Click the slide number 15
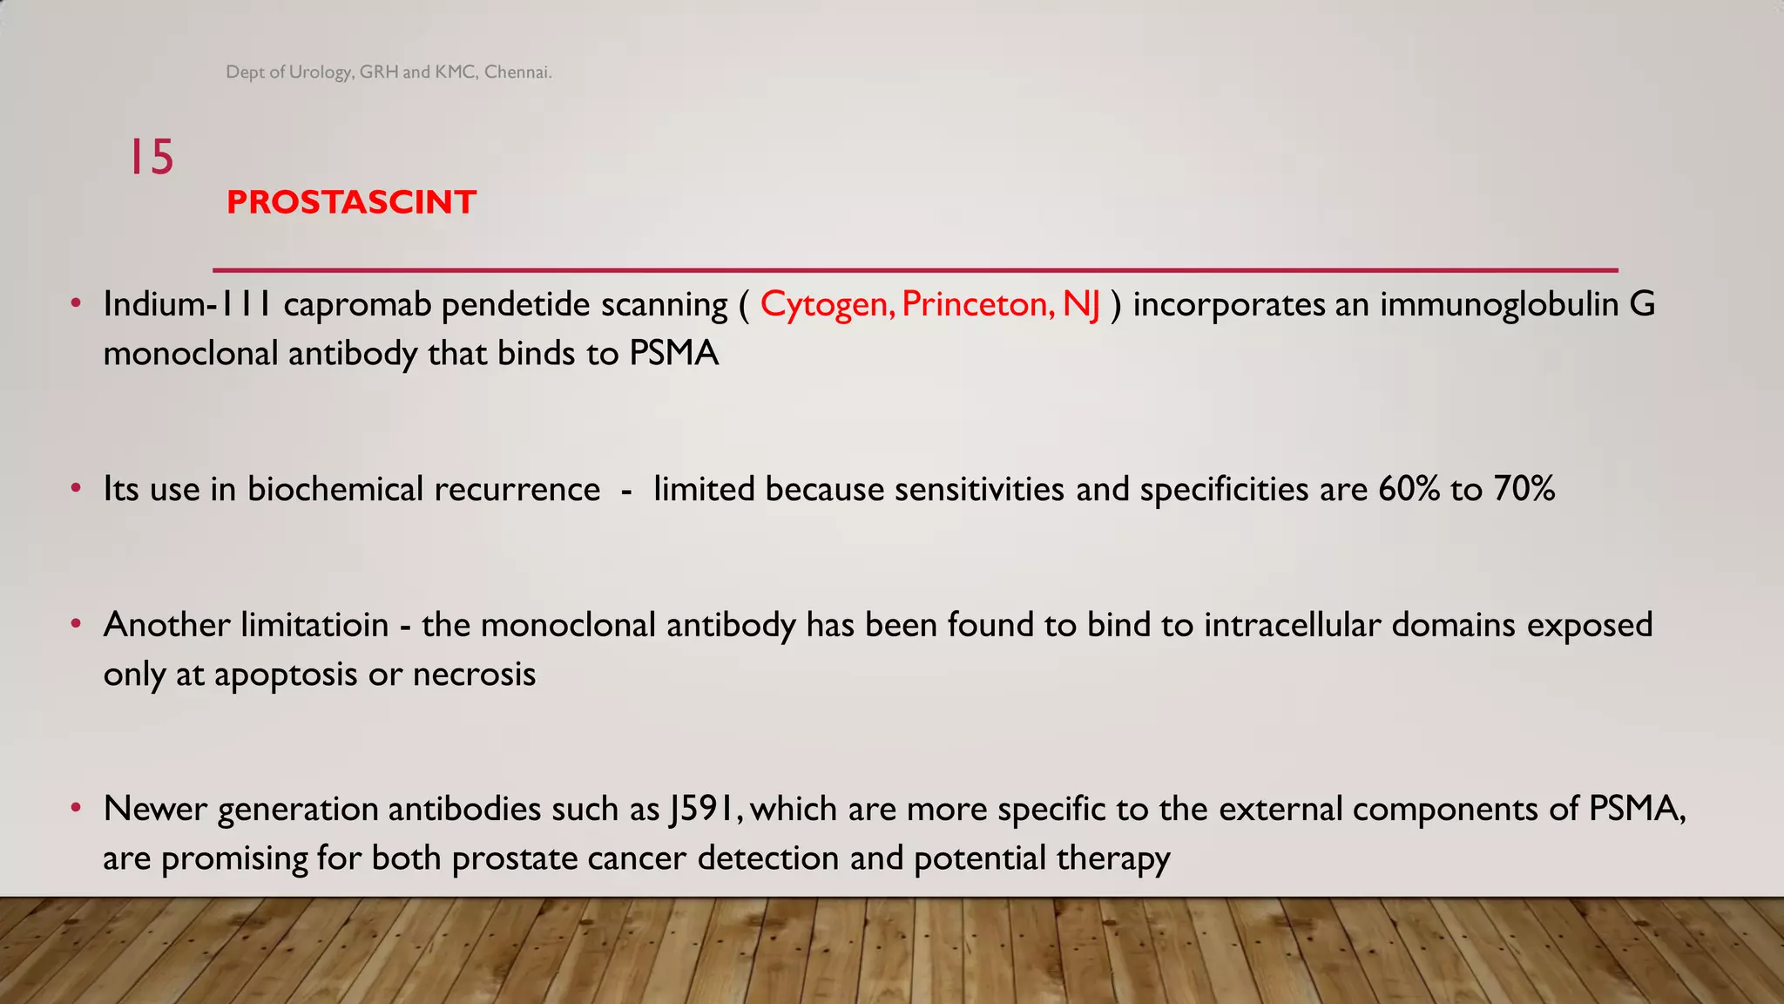(x=152, y=158)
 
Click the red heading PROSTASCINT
(x=351, y=202)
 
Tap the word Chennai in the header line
(x=517, y=72)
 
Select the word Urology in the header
(x=320, y=72)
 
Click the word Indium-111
(x=187, y=304)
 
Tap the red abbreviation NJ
(x=1082, y=304)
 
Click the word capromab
(x=357, y=304)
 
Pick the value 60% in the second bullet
(x=1409, y=489)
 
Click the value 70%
(x=1524, y=489)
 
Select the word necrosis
(x=474, y=675)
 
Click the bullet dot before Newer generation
(x=77, y=808)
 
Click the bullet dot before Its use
(x=77, y=488)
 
